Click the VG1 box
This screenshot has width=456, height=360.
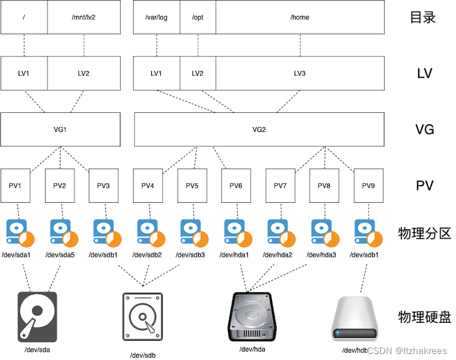pyautogui.click(x=61, y=129)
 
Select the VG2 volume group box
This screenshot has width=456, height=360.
pyautogui.click(x=259, y=129)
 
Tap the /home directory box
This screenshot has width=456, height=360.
pyautogui.click(x=299, y=17)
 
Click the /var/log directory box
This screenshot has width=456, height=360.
pyautogui.click(x=156, y=17)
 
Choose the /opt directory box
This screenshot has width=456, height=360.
pyautogui.click(x=197, y=17)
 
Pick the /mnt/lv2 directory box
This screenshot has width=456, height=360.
pyautogui.click(x=83, y=17)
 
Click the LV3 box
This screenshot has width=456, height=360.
pyautogui.click(x=299, y=73)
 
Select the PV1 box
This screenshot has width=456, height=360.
pyautogui.click(x=16, y=185)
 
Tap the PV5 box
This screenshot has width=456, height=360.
pyautogui.click(x=192, y=185)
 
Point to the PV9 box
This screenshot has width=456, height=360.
pyautogui.click(x=368, y=185)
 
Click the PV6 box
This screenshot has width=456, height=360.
pyautogui.click(x=236, y=185)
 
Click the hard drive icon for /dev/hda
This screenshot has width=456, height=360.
pyautogui.click(x=253, y=316)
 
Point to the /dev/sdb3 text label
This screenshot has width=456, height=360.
pyautogui.click(x=191, y=255)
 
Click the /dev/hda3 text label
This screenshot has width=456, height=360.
pyautogui.click(x=322, y=255)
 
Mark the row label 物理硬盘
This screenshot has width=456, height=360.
pyautogui.click(x=424, y=316)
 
